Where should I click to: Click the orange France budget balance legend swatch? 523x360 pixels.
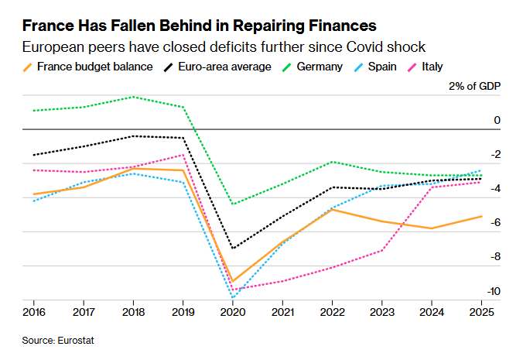click(x=27, y=67)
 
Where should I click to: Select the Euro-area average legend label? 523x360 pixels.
click(x=224, y=67)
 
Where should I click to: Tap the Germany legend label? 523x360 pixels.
click(x=320, y=67)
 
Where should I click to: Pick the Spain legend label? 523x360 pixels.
click(x=382, y=67)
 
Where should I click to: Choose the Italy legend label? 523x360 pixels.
click(x=432, y=67)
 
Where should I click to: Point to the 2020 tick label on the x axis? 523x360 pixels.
click(x=233, y=312)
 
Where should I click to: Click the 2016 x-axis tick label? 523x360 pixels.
click(x=34, y=312)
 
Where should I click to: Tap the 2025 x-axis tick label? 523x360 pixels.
click(x=481, y=312)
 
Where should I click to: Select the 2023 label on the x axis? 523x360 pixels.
click(x=382, y=312)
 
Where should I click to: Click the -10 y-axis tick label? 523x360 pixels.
click(x=494, y=291)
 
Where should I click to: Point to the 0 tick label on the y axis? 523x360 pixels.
click(x=497, y=120)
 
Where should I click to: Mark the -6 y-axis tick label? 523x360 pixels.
click(x=496, y=222)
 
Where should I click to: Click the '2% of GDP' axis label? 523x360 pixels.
click(x=474, y=86)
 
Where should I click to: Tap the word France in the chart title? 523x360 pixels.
click(x=48, y=26)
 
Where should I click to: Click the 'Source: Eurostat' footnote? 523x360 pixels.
click(x=58, y=341)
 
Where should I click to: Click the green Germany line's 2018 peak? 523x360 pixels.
click(x=133, y=97)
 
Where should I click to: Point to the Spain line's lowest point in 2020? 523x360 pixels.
click(x=232, y=297)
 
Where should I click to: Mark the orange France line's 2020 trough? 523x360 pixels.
click(x=233, y=281)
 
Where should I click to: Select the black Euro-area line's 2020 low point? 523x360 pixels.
click(x=233, y=249)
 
